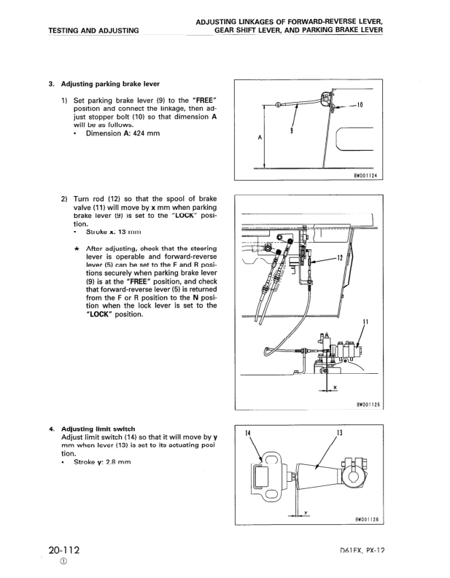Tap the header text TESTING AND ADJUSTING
93,31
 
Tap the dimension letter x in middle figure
334,386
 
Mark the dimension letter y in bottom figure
304,511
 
